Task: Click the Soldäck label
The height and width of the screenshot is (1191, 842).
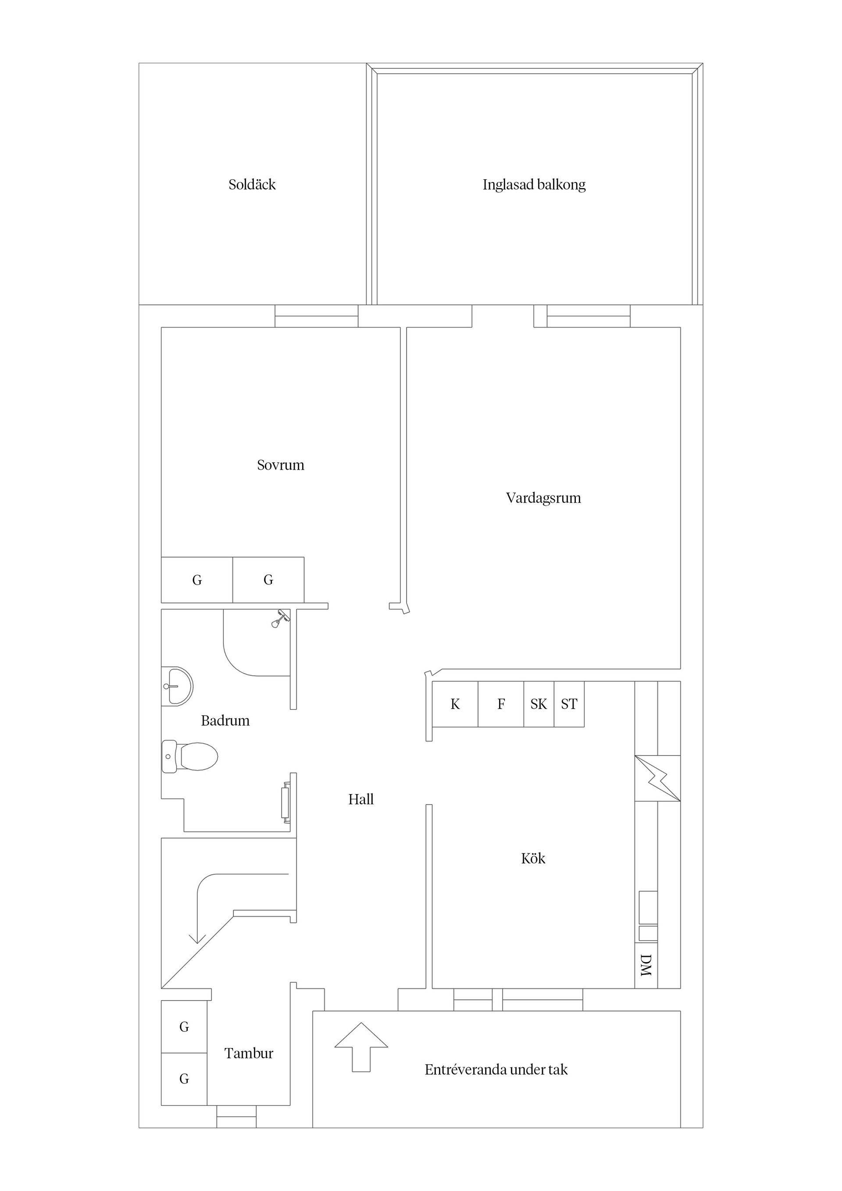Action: click(x=252, y=185)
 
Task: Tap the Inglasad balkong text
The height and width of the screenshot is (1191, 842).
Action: click(x=534, y=185)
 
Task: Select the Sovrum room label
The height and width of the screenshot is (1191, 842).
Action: click(x=281, y=465)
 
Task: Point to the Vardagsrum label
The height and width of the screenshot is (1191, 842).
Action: click(x=543, y=498)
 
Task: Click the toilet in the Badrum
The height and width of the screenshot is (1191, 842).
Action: click(x=189, y=756)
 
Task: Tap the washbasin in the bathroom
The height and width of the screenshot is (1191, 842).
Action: click(x=177, y=686)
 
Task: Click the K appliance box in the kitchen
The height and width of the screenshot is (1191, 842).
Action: click(x=455, y=704)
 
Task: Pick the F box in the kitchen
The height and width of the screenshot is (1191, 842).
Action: click(x=501, y=704)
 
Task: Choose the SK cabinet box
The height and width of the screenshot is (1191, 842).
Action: click(x=539, y=704)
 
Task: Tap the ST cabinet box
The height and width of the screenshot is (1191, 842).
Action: click(x=569, y=704)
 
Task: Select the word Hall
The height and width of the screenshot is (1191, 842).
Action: click(x=361, y=799)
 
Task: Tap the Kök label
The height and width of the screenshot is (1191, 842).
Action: click(x=533, y=859)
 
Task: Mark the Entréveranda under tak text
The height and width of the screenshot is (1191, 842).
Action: click(x=496, y=1070)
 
